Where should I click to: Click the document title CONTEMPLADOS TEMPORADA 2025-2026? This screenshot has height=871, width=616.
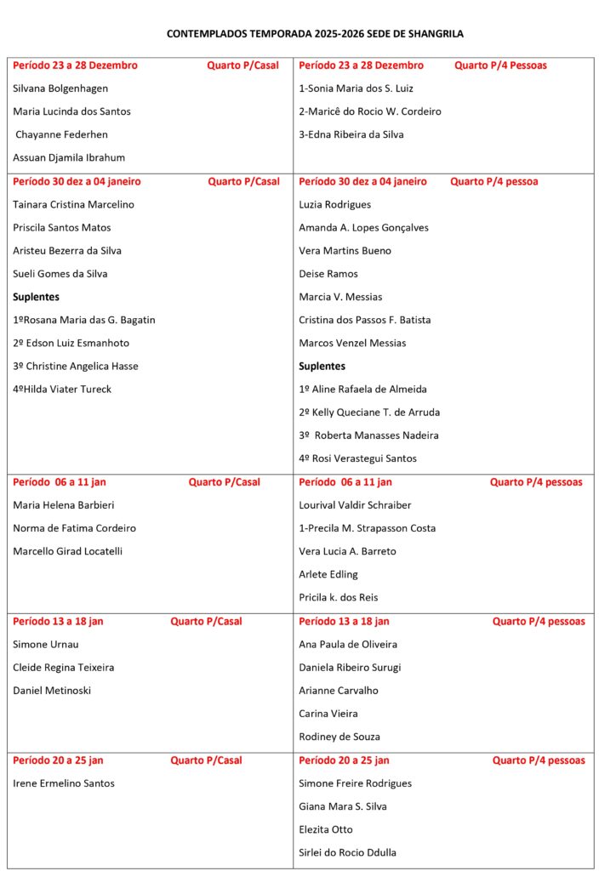coord(315,34)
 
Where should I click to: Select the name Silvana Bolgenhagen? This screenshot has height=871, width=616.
coord(60,88)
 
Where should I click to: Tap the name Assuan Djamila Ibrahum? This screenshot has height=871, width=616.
coord(69,157)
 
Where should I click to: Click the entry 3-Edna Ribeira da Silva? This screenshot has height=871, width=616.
coord(351,134)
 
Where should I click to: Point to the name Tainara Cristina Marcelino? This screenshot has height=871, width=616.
coord(73,204)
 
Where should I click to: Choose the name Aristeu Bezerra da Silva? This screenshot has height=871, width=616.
coord(67,251)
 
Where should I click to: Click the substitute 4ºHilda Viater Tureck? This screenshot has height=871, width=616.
coord(62,390)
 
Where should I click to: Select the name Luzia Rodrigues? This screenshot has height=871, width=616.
coord(335,204)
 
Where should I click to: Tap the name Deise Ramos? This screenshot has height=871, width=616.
coord(328,274)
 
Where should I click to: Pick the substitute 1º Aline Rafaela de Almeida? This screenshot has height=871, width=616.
coord(363,390)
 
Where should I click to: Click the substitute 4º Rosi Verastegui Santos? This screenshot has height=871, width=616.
coord(358,458)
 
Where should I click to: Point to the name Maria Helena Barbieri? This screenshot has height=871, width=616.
coord(65,505)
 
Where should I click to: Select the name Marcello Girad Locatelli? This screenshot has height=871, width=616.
coord(68,551)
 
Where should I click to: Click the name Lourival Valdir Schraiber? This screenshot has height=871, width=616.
coord(355,505)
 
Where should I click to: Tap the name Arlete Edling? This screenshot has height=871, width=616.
coord(328,574)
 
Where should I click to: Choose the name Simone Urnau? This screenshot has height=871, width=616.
coord(46,645)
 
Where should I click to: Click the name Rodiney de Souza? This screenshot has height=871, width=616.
coord(339,737)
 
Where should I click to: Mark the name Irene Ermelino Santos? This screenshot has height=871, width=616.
coord(64,783)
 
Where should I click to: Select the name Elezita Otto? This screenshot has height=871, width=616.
coord(326,829)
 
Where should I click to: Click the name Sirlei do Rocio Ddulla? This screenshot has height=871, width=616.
coord(348,852)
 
